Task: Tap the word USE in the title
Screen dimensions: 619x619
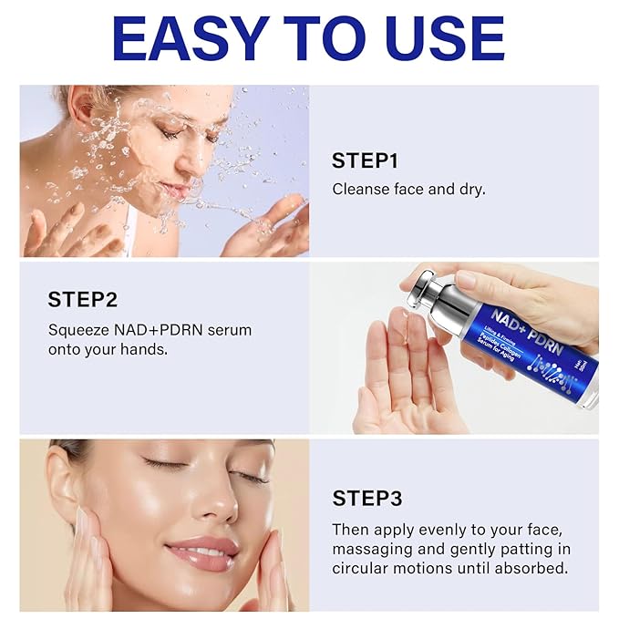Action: pos(436,38)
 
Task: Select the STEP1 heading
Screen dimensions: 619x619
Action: pos(365,161)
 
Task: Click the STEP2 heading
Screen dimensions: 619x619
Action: pos(82,299)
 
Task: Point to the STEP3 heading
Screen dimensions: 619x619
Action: pos(366,498)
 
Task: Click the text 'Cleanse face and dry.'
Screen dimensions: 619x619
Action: pos(408,190)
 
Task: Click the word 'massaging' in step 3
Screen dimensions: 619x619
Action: pos(373,549)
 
